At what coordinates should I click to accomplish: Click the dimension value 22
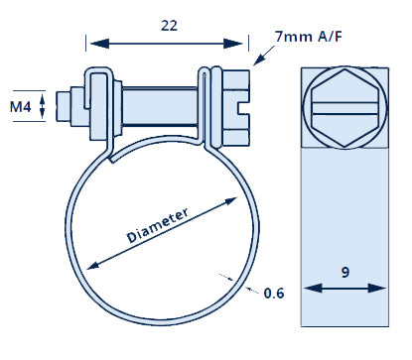point(169,26)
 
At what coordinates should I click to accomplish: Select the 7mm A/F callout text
point(309,36)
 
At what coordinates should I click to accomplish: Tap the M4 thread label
point(21,107)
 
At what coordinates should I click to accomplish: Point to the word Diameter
point(158,225)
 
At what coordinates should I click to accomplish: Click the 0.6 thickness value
point(274,293)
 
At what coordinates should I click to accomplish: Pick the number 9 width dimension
point(345,273)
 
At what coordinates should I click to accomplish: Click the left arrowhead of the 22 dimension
point(99,44)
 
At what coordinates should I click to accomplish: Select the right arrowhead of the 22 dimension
point(233,44)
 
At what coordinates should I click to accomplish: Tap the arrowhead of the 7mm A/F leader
point(259,60)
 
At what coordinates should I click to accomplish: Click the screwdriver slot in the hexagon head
point(344,108)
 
